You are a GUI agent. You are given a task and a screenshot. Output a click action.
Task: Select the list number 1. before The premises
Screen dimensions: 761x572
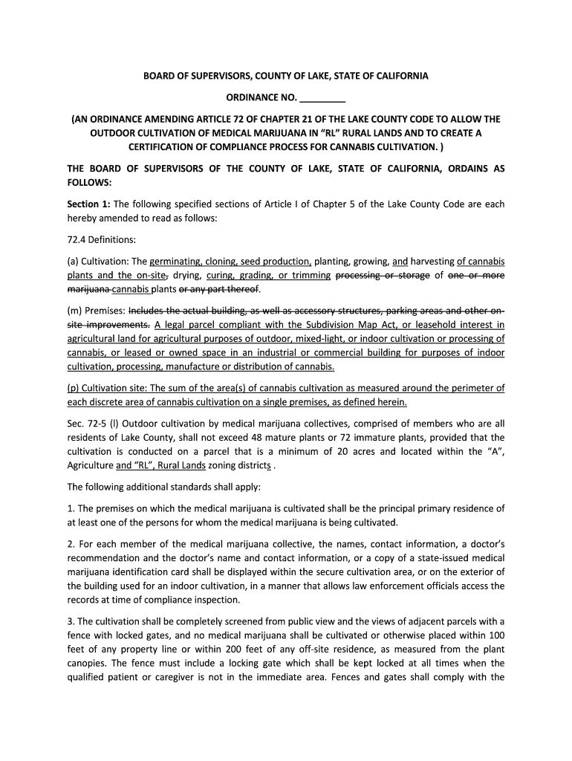(x=71, y=508)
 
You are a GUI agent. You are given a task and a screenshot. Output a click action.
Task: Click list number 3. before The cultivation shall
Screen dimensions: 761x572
(x=71, y=621)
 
